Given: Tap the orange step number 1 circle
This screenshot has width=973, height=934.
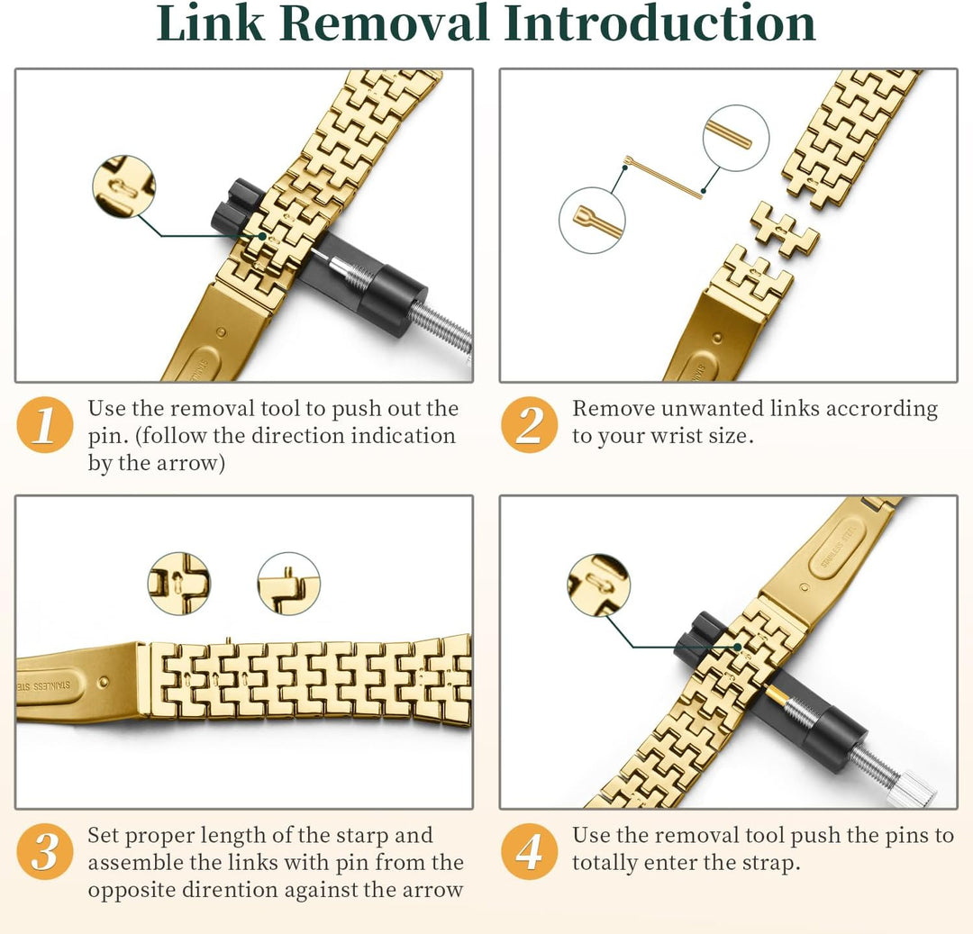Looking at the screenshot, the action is point(45,425).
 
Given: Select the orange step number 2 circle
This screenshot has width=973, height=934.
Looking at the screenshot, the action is point(530,425).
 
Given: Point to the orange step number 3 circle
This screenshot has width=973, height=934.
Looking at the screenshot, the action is point(45,851).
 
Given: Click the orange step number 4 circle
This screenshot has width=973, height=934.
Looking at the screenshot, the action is point(530,851).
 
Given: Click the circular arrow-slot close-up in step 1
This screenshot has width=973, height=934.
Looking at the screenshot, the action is point(123,186).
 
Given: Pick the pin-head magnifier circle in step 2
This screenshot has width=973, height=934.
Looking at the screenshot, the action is point(591,220).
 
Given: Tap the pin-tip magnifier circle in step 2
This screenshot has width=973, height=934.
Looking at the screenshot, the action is point(736,138).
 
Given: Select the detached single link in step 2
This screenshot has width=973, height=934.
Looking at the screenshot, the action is point(785,230).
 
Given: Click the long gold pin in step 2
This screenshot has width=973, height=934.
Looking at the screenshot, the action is point(663,178).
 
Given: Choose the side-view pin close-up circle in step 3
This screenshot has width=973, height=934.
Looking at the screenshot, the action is point(289,584).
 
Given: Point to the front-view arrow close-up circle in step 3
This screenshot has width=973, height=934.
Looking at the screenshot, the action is point(179,584).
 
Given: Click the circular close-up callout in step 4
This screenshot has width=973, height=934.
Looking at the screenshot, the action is point(599,585).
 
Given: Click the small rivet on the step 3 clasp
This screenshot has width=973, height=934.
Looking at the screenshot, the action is point(104,682).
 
